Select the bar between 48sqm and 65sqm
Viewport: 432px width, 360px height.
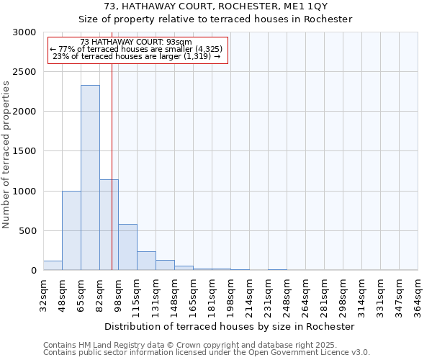point(71,230)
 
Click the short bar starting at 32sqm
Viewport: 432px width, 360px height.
point(53,266)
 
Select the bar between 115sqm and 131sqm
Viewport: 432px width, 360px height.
point(146,261)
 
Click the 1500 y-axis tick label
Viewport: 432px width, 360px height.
point(24,151)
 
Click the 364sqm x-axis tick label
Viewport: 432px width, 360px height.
point(418,295)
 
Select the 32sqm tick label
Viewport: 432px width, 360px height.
point(44,295)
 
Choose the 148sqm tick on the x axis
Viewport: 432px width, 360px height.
point(175,295)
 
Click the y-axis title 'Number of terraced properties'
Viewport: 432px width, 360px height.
point(6,155)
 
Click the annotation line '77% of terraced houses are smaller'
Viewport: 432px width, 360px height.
point(137,50)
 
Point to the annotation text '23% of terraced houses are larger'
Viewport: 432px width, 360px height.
point(137,57)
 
